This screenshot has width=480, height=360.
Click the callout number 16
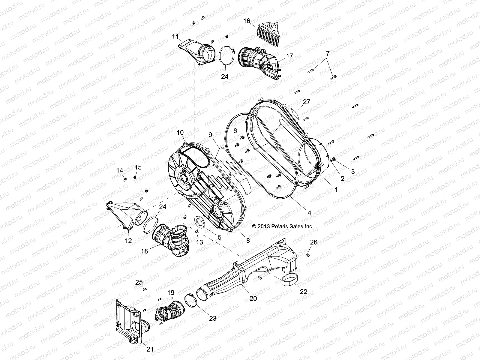pos(246,21)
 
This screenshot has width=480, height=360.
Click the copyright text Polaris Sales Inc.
pos(283,226)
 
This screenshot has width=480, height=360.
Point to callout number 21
pos(150,349)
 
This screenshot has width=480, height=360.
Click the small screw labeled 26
pos(307,255)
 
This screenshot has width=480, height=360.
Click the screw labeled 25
pos(145,289)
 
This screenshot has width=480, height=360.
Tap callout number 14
pos(120,171)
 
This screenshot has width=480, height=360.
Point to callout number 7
pos(328,54)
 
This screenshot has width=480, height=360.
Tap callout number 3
pos(353,172)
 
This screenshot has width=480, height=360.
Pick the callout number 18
pos(145,251)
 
